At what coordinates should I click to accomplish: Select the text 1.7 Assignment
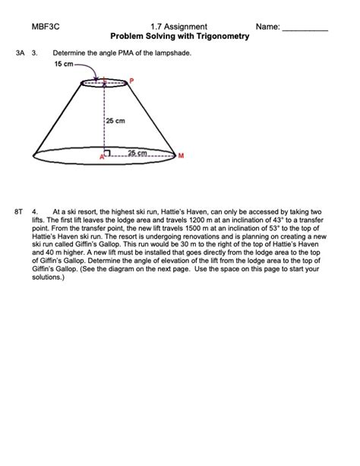(x=179, y=27)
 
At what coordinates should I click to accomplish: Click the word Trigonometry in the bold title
(x=220, y=36)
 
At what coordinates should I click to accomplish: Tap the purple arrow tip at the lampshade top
(x=96, y=78)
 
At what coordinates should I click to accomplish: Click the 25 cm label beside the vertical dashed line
(x=115, y=121)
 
